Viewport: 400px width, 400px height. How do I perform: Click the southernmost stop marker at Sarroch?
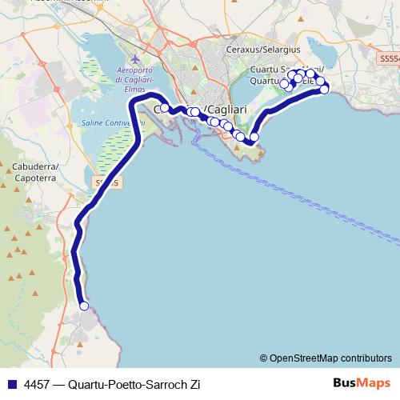tap(84, 306)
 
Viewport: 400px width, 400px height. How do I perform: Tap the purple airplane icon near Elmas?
tap(134, 59)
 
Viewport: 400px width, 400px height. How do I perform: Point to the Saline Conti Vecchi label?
tap(112, 123)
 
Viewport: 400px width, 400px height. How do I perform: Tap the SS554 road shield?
tap(388, 59)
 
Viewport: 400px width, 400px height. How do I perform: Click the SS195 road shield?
tap(106, 183)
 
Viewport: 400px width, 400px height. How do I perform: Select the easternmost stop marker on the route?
tap(325, 89)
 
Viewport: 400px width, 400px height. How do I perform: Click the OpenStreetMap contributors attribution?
tap(328, 358)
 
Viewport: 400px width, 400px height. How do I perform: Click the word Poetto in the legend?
tap(123, 384)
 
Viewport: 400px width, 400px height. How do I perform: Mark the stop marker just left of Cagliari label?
tap(165, 108)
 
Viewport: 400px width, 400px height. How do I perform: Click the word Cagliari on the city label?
tap(228, 109)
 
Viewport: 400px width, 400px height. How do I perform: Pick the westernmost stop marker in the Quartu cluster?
tap(284, 83)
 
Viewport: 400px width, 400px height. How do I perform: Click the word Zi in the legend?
tap(194, 384)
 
